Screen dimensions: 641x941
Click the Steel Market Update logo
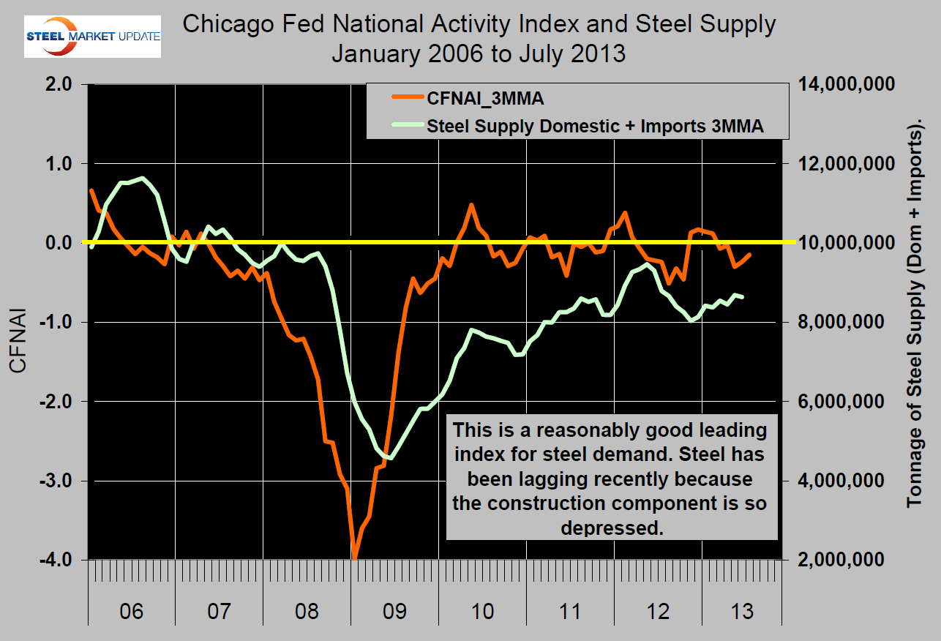93,37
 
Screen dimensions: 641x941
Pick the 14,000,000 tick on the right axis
850,85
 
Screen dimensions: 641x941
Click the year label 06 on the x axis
132,610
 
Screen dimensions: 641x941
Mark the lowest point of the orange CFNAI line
354,558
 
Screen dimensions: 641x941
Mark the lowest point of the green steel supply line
391,459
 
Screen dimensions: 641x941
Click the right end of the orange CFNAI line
750,254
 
